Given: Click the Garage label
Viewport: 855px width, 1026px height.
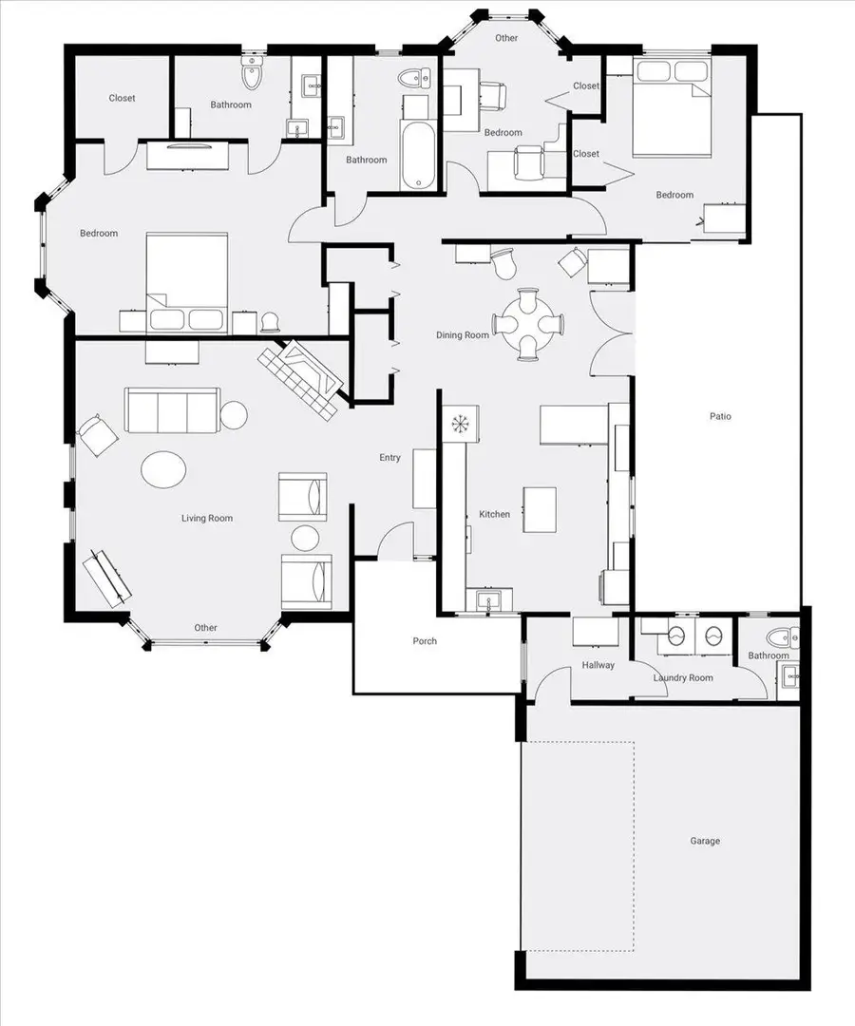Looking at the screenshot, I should point(705,841).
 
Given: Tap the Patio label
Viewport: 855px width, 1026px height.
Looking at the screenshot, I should point(720,416).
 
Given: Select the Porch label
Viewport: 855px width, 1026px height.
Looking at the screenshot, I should point(425,641).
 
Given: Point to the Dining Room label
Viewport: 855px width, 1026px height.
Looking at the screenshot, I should point(463,335).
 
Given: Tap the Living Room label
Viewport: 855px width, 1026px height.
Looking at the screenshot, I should point(207,518).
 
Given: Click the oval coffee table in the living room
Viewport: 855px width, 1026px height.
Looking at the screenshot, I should point(163,468).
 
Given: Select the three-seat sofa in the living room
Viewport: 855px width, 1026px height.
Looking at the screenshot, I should point(172,409).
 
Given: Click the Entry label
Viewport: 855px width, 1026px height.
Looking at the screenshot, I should point(390,458).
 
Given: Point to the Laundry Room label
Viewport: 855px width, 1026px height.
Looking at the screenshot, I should point(683,677).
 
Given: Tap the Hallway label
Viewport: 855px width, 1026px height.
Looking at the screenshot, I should point(598,665).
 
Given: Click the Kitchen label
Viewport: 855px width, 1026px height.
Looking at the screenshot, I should point(494,514).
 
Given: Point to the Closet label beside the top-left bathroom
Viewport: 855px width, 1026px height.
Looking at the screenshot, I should point(122,98).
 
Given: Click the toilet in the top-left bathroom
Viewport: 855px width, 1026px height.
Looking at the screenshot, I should point(252,72).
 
